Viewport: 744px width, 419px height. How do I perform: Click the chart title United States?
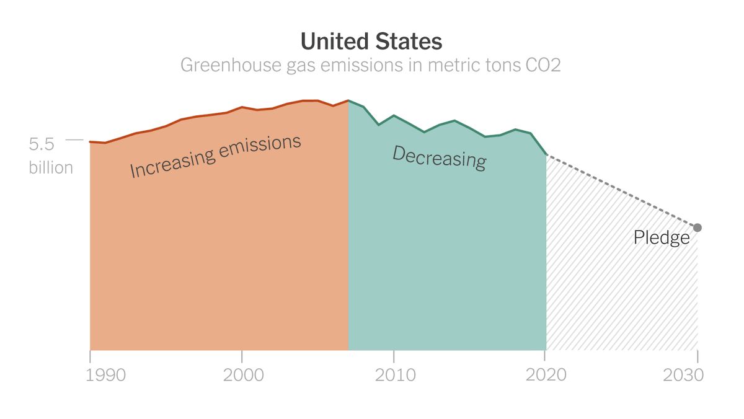[x=371, y=42]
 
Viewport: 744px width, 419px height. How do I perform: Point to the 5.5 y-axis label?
[x=42, y=144]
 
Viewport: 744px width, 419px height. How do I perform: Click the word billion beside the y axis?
[x=51, y=168]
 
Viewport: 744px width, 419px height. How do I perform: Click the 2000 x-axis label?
[x=242, y=376]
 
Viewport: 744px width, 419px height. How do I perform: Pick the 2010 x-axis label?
[x=394, y=376]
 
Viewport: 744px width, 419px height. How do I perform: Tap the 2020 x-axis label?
[x=546, y=376]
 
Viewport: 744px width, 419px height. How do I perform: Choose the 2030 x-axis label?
[x=683, y=376]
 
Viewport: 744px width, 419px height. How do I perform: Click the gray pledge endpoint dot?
[x=697, y=227]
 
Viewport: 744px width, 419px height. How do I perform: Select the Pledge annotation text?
[x=662, y=238]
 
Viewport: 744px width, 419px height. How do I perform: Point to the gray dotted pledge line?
[x=620, y=190]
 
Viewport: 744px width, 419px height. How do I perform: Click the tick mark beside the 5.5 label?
[x=74, y=140]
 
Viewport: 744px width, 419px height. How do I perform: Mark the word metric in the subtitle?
[x=454, y=65]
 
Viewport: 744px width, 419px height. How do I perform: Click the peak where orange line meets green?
[x=348, y=100]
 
